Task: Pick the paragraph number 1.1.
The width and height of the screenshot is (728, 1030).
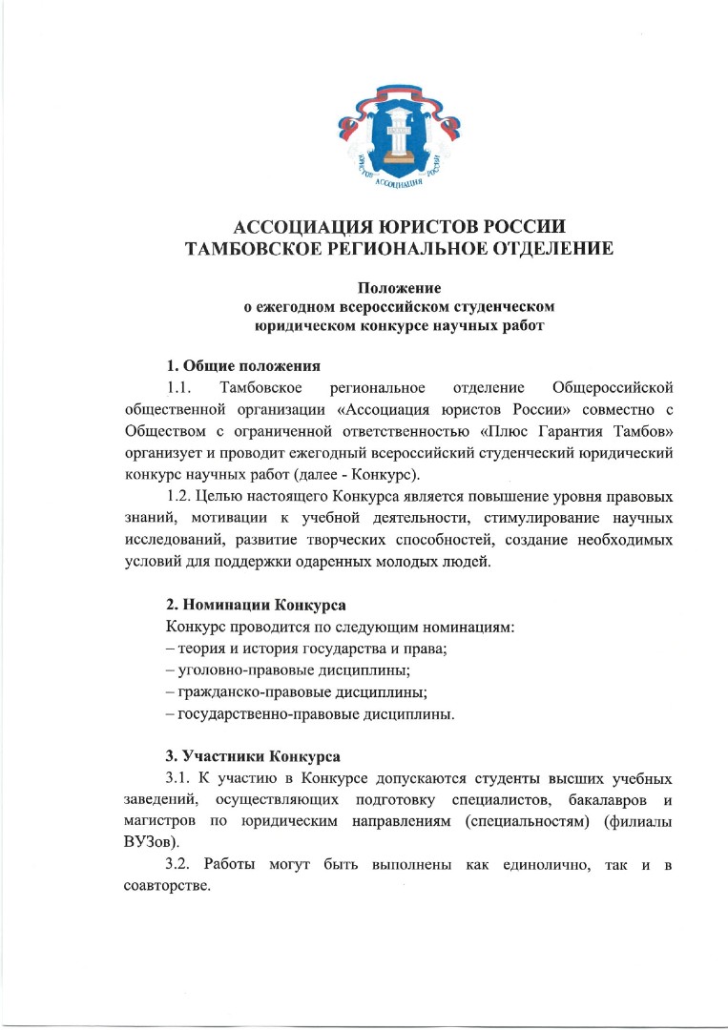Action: pos(179,388)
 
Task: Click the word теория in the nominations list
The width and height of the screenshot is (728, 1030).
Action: pos(199,650)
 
